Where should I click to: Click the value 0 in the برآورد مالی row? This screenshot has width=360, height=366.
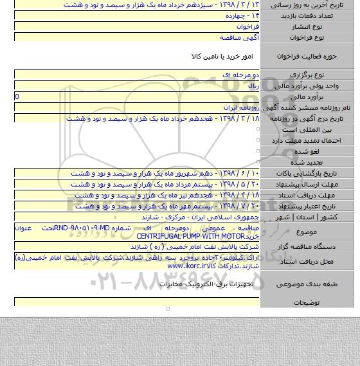16,95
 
